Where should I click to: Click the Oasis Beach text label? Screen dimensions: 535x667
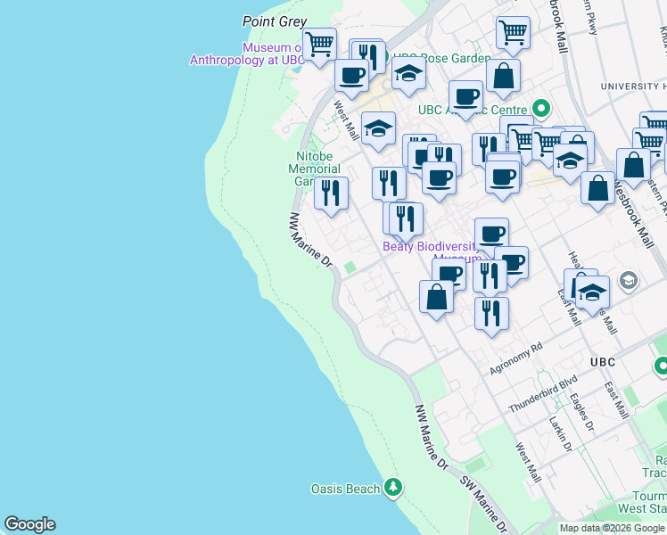pyautogui.click(x=344, y=489)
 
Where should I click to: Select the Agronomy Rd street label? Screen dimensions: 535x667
pyautogui.click(x=516, y=359)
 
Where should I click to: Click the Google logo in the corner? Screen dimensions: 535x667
pyautogui.click(x=29, y=524)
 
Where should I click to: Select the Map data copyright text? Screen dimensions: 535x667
pyautogui.click(x=612, y=528)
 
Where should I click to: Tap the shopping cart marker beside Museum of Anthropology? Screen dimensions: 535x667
pyautogui.click(x=318, y=44)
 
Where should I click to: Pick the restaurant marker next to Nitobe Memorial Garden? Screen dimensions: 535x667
pyautogui.click(x=331, y=193)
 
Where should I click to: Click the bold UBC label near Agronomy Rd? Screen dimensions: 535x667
pyautogui.click(x=603, y=361)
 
